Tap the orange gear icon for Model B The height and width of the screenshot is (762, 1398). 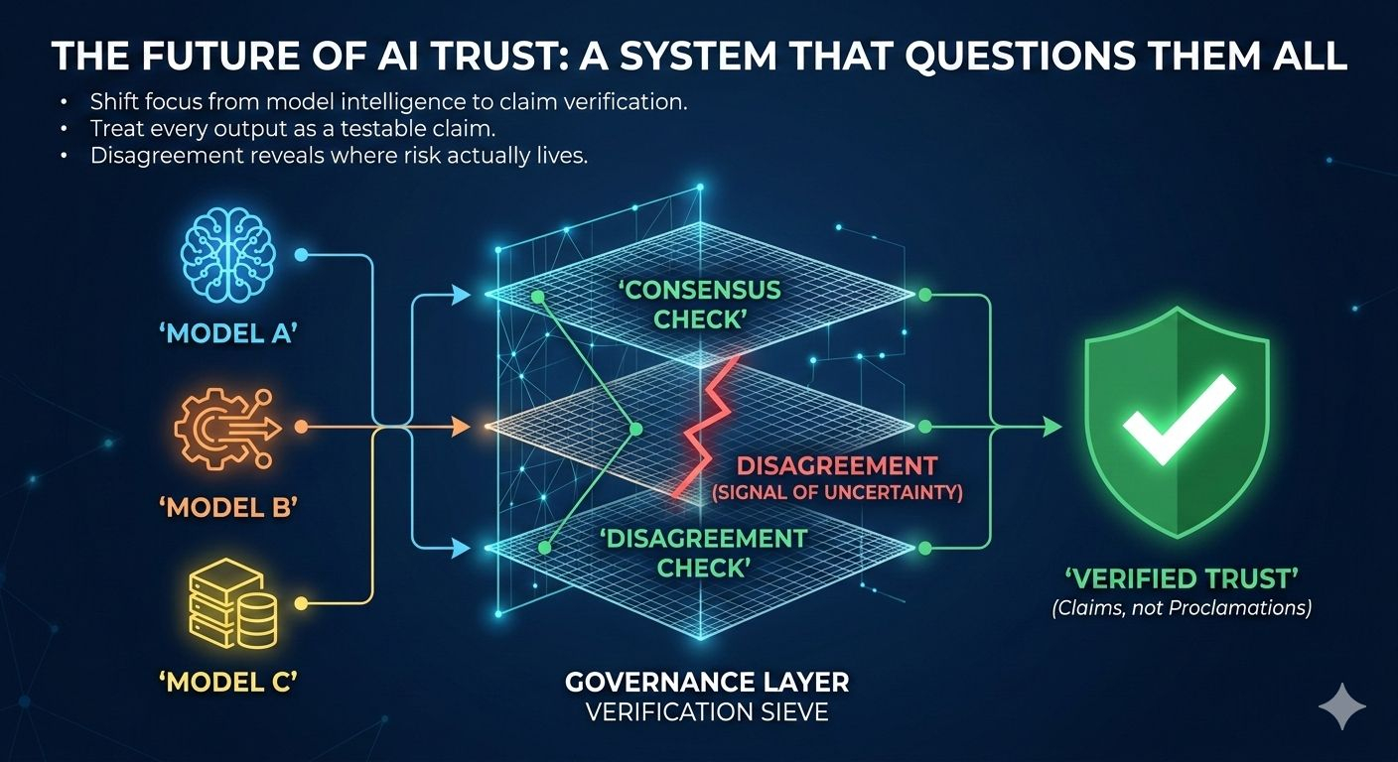(x=222, y=428)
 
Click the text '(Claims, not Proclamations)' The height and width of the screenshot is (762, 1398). (x=1181, y=607)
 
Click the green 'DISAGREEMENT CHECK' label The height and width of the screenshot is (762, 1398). (x=705, y=553)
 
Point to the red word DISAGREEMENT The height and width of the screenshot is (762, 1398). (x=837, y=466)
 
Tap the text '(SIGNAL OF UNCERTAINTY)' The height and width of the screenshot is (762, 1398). (x=837, y=491)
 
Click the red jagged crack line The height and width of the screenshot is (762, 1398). (x=708, y=427)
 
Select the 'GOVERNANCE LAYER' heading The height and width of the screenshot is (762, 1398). (x=707, y=683)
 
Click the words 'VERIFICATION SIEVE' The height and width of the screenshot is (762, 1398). (x=707, y=712)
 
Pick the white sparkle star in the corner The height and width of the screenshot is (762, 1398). (x=1341, y=705)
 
